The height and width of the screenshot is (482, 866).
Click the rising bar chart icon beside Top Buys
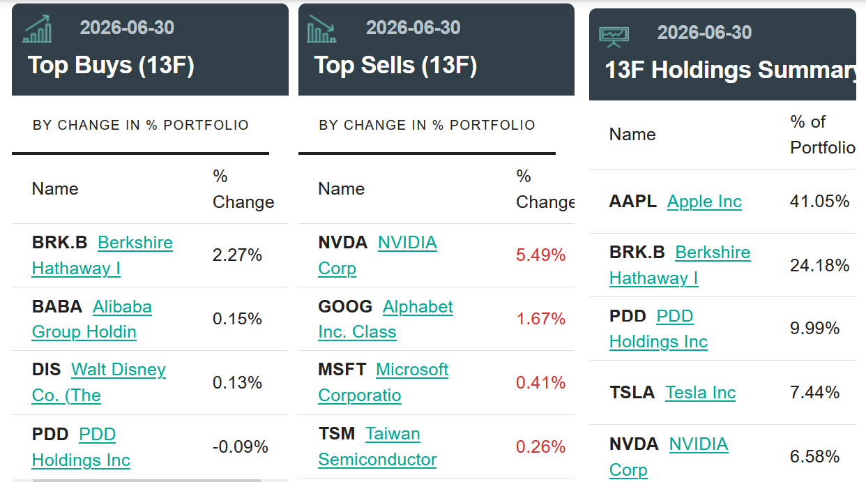pyautogui.click(x=37, y=29)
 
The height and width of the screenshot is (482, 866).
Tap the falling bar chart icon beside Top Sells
pyautogui.click(x=321, y=29)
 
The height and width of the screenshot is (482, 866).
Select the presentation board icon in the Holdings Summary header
pyautogui.click(x=614, y=37)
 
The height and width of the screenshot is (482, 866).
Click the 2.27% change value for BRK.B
pyautogui.click(x=237, y=255)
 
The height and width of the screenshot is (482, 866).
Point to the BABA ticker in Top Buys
pyautogui.click(x=57, y=307)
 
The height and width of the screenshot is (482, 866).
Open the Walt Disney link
pyautogui.click(x=99, y=382)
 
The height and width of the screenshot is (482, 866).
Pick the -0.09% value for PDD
pyautogui.click(x=240, y=447)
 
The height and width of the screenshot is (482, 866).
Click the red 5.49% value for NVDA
pyautogui.click(x=540, y=255)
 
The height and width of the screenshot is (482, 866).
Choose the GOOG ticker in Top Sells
pyautogui.click(x=345, y=307)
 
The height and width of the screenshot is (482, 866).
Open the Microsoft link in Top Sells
pyautogui.click(x=383, y=382)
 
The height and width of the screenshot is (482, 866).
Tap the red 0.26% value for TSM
pyautogui.click(x=540, y=447)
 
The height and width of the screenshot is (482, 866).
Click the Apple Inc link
pyautogui.click(x=704, y=202)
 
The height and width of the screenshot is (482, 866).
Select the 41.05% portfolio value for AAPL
pyautogui.click(x=819, y=202)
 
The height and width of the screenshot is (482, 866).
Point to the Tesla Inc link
pyautogui.click(x=701, y=393)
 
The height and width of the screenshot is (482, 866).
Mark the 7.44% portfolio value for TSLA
pyautogui.click(x=814, y=393)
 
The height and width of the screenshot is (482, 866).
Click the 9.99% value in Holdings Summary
pyautogui.click(x=814, y=329)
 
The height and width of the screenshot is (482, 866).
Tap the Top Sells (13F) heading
pyautogui.click(x=395, y=65)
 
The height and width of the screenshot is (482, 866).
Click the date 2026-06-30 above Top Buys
pyautogui.click(x=127, y=28)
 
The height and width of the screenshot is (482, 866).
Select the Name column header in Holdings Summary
pyautogui.click(x=632, y=135)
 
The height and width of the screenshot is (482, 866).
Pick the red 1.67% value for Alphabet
pyautogui.click(x=540, y=319)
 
